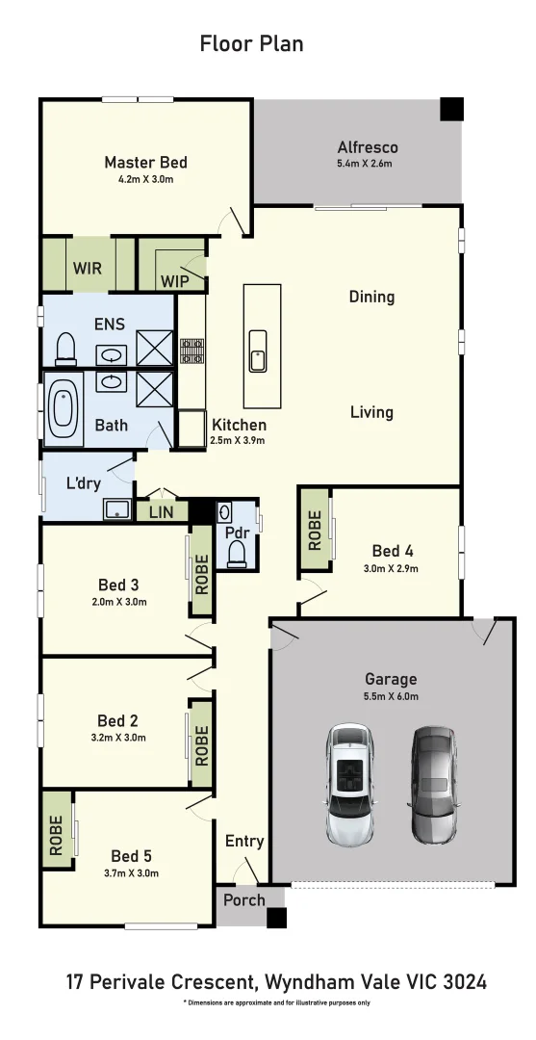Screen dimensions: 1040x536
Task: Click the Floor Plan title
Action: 252,43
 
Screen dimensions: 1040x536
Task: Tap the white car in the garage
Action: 350,784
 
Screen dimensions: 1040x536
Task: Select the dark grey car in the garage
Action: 435,784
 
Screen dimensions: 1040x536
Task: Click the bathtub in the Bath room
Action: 64,408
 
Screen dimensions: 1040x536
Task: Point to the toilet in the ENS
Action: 65,348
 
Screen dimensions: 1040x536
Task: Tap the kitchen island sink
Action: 258,350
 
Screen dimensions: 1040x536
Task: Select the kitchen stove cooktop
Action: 191,350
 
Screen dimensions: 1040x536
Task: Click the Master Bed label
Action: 145,163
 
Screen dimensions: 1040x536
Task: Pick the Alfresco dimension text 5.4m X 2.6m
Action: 367,164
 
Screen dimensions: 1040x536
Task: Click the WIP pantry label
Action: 175,281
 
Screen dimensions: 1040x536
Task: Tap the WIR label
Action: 88,269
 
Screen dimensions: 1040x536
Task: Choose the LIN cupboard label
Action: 161,512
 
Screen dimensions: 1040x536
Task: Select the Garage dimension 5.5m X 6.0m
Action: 390,695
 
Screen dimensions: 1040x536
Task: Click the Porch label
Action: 243,900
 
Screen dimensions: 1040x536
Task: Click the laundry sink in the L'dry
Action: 117,509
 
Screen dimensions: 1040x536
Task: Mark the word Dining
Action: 371,297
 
